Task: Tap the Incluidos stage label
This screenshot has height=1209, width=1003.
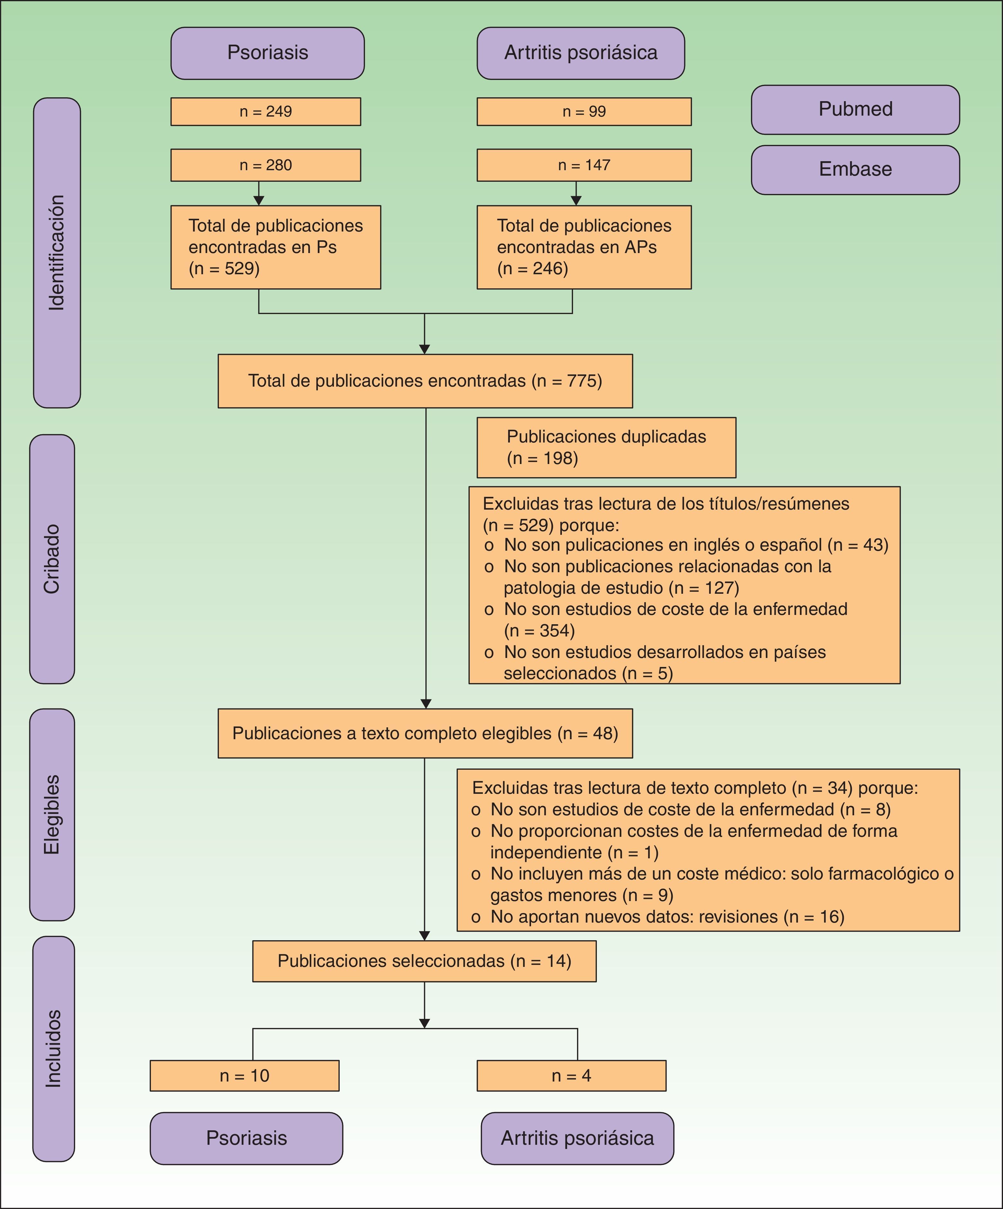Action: pos(54,1049)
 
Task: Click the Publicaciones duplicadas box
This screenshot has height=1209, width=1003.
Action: pos(606,447)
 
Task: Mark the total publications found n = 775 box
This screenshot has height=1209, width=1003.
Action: pos(425,381)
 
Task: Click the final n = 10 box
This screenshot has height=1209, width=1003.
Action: pos(245,1075)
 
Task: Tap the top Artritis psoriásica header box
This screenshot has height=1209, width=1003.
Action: pos(581,53)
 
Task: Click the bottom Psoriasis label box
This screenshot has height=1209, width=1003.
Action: pos(247,1138)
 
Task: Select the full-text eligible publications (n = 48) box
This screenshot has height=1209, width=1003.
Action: pos(425,733)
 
